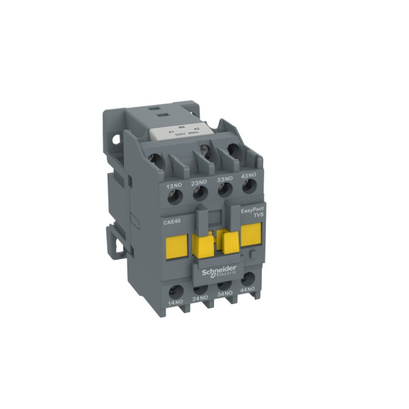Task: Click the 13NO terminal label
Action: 173,185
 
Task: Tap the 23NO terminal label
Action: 200,183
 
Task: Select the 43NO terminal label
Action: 247,177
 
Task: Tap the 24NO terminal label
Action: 200,298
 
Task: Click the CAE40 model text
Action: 172,222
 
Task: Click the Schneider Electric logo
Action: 219,271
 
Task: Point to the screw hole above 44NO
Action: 248,277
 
